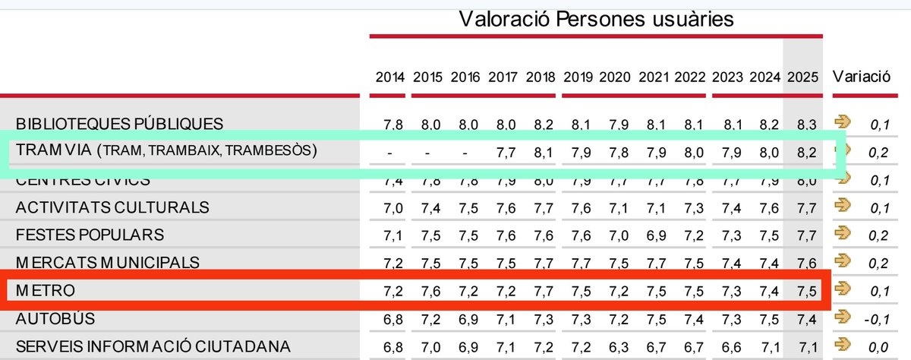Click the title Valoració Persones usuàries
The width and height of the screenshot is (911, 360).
597,19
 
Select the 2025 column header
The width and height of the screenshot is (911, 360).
802,77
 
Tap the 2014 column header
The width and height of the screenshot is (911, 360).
390,77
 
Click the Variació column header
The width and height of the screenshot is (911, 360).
862,77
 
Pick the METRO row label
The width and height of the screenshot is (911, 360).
46,291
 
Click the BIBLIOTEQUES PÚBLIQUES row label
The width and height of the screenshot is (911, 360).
119,123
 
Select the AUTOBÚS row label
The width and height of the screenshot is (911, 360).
55,319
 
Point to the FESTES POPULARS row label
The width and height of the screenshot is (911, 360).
90,235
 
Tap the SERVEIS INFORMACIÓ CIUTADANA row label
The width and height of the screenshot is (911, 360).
153,347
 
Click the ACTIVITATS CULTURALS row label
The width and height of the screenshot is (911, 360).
112,207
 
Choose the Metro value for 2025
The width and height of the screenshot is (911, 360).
802,291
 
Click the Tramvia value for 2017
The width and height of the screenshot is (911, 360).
503,152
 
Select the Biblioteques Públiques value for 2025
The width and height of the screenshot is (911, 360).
802,123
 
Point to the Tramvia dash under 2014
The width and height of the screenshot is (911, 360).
389,153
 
